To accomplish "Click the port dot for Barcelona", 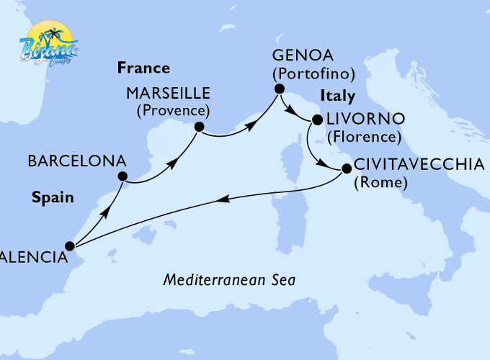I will [122, 176].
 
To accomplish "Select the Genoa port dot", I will [277, 88].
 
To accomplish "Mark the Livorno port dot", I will [316, 120].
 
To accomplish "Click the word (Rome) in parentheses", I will [380, 183].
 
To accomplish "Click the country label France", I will [143, 69].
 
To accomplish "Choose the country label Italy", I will [338, 96].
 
